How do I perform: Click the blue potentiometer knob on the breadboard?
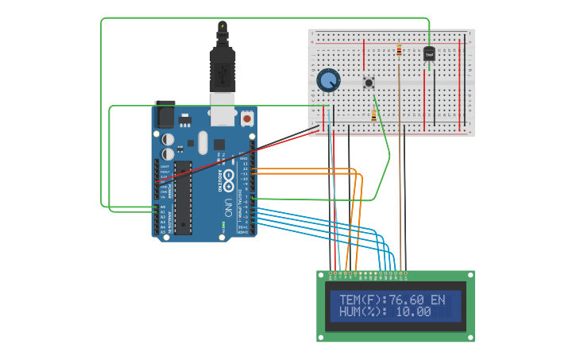tap(328, 80)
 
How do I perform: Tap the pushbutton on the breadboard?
tap(369, 82)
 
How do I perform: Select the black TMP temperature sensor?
tap(429, 54)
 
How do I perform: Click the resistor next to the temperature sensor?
tap(399, 51)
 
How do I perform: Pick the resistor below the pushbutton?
tap(373, 115)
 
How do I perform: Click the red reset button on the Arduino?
tap(247, 118)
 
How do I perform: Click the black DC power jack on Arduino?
tap(165, 114)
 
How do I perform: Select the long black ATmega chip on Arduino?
tap(184, 198)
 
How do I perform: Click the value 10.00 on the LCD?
tap(413, 312)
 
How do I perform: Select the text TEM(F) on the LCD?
tap(360, 300)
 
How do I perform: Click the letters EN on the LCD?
tap(438, 300)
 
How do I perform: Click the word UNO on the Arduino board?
tap(228, 208)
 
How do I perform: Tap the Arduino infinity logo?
tap(229, 176)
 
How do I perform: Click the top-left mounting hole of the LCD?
tap(322, 275)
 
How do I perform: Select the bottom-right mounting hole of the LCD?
tap(470, 337)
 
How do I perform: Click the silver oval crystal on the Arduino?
tap(203, 143)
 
